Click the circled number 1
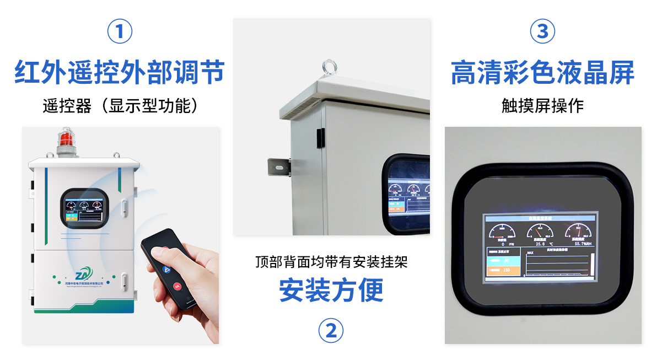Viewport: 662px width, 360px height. click(x=120, y=32)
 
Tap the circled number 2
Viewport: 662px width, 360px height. click(x=331, y=331)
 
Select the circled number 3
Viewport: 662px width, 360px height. click(x=542, y=32)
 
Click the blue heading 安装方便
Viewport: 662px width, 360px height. click(x=331, y=291)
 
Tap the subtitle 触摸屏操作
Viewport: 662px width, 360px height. click(x=542, y=106)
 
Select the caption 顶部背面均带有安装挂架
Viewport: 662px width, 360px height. click(x=331, y=262)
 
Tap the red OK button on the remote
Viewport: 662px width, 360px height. click(x=177, y=286)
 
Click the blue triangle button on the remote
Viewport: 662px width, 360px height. click(x=166, y=269)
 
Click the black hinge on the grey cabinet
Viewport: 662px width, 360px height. click(x=319, y=134)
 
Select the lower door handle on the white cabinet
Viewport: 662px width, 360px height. click(x=125, y=282)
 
